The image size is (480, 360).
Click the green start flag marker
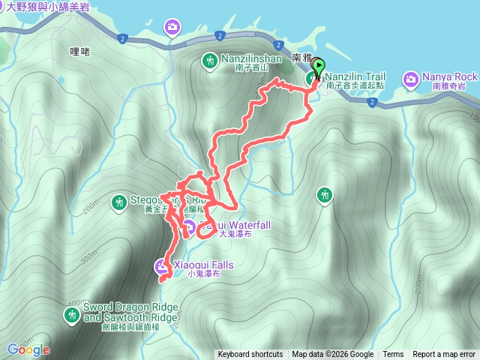click(x=318, y=68)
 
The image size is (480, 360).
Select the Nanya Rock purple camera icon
click(x=411, y=77)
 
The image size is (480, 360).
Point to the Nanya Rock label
click(x=450, y=77)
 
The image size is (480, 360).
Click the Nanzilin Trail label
click(x=355, y=76)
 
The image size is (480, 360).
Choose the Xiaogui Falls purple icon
click(x=162, y=265)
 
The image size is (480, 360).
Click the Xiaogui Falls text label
click(x=203, y=265)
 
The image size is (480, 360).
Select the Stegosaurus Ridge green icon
click(x=118, y=201)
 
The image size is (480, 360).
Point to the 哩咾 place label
click(x=79, y=52)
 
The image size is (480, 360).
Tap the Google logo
click(x=28, y=349)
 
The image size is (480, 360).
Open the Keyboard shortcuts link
click(x=250, y=355)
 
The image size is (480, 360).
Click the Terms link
click(x=393, y=355)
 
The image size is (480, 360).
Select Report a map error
click(x=445, y=355)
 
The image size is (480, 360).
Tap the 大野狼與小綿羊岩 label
click(x=52, y=6)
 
